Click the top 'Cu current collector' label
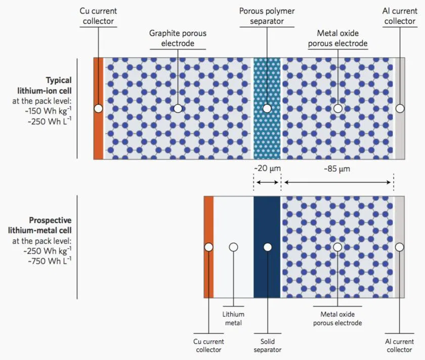click(98, 16)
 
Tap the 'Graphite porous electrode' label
click(178, 38)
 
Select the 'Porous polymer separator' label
click(267, 16)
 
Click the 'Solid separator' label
click(267, 345)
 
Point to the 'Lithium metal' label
click(233, 319)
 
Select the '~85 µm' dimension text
click(337, 169)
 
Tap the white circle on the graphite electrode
click(178, 109)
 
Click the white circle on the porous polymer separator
click(267, 109)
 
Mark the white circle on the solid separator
click(267, 247)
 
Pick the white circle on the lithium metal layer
click(233, 247)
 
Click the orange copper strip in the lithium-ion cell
click(98, 131)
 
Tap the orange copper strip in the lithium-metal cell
click(208, 273)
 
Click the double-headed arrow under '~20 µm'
click(267, 182)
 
